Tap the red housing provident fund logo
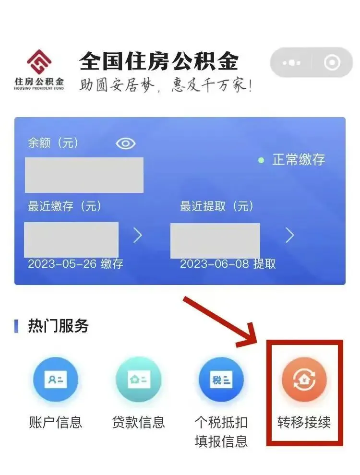(39, 62)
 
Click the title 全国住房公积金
(159, 61)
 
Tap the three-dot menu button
(291, 63)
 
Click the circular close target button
(332, 62)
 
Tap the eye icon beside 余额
(125, 143)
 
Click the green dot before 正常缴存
(261, 160)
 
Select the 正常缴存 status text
(299, 160)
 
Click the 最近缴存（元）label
(64, 206)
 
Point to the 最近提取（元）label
(216, 206)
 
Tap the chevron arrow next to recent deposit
(138, 236)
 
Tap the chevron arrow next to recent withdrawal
(290, 236)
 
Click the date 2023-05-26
(62, 264)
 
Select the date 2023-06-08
(215, 264)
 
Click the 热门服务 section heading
(58, 326)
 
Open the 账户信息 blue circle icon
(56, 379)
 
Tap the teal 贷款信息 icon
(139, 379)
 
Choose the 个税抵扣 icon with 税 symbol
(221, 379)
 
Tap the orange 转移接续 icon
(304, 379)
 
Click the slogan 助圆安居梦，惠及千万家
(166, 84)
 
